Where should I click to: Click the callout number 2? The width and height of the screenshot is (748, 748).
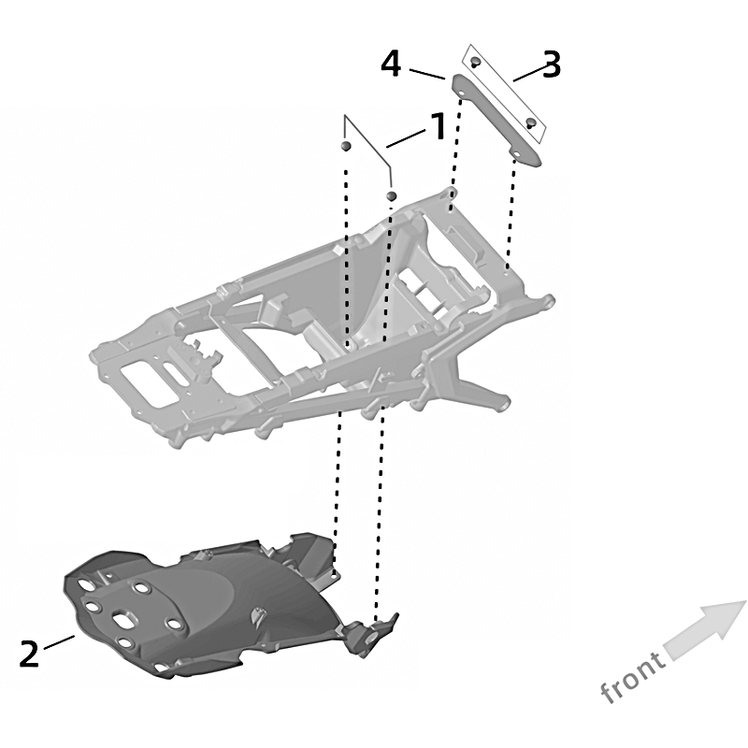tap(29, 654)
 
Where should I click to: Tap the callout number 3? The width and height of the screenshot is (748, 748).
tap(552, 65)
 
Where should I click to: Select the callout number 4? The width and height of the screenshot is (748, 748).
tap(391, 65)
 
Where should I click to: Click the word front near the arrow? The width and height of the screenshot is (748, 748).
tap(633, 676)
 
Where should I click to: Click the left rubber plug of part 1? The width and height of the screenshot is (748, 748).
tap(346, 145)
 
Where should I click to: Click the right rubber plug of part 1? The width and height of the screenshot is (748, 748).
tap(391, 195)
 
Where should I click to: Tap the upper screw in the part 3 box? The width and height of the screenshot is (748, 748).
tap(475, 62)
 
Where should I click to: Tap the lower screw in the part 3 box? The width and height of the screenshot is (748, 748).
tap(530, 123)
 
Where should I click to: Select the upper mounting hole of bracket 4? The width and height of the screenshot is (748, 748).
tap(462, 89)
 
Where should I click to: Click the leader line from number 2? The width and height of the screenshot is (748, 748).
tap(59, 641)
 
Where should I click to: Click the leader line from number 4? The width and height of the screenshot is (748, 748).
tap(427, 75)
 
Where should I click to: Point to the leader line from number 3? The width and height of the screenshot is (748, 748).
tap(530, 73)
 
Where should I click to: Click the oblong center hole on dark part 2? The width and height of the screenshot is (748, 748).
tap(123, 620)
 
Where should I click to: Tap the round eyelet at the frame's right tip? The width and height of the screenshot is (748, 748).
tap(549, 301)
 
